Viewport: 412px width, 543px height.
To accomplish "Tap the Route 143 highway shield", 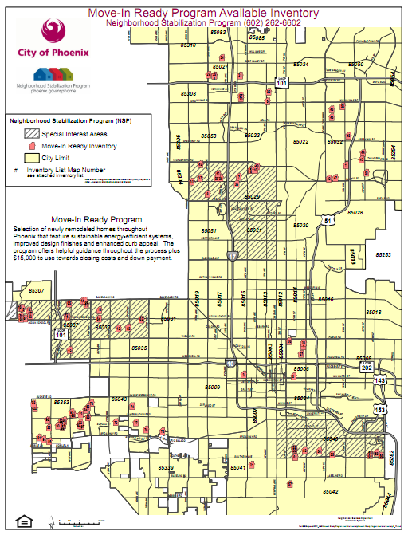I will pyautogui.click(x=382, y=381).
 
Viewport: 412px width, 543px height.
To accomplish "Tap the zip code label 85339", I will pyautogui.click(x=165, y=467).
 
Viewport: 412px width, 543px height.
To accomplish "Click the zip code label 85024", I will pyautogui.click(x=299, y=64).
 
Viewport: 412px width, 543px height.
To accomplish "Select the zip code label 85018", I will pyautogui.click(x=373, y=312).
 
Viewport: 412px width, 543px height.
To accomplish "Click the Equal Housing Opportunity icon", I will pyautogui.click(x=23, y=521).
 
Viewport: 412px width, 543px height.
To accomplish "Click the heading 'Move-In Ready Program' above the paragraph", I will pyautogui.click(x=96, y=219).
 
